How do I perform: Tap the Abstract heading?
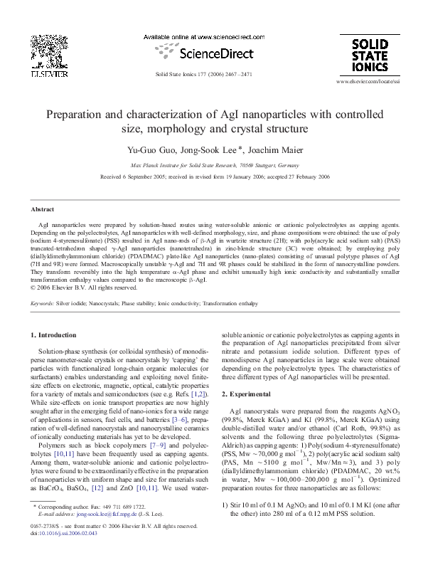[x=43, y=209]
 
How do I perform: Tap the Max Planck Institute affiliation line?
[x=211, y=162]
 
